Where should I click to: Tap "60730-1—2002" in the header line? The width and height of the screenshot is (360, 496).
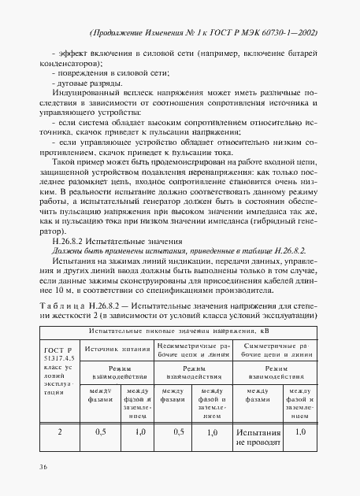288,32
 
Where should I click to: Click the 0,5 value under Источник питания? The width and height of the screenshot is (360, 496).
100,431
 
